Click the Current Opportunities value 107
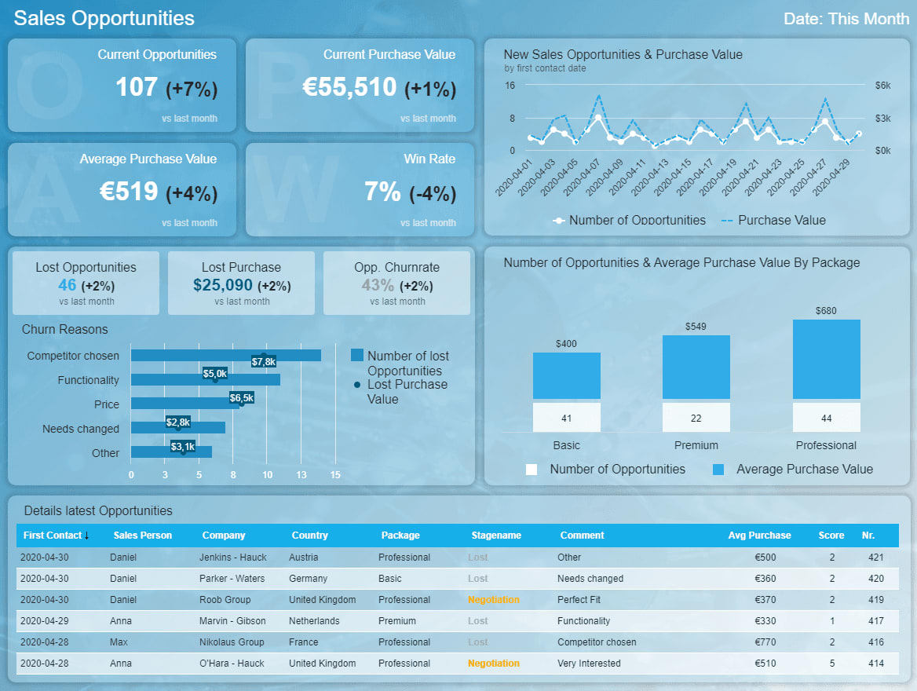click(137, 87)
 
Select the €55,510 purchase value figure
click(349, 87)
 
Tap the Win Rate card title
click(429, 159)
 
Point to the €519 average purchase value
click(129, 191)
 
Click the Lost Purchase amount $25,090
click(223, 285)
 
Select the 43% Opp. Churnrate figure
click(378, 285)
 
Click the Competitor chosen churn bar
click(225, 356)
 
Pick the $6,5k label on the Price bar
click(241, 398)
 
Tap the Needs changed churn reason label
click(81, 429)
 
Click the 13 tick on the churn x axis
click(301, 475)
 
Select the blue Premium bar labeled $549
click(696, 367)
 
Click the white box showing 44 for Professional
click(826, 418)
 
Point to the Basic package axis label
click(566, 445)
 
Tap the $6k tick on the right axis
click(882, 85)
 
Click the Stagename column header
click(496, 536)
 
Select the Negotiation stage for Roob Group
click(494, 600)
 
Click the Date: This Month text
click(846, 19)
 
